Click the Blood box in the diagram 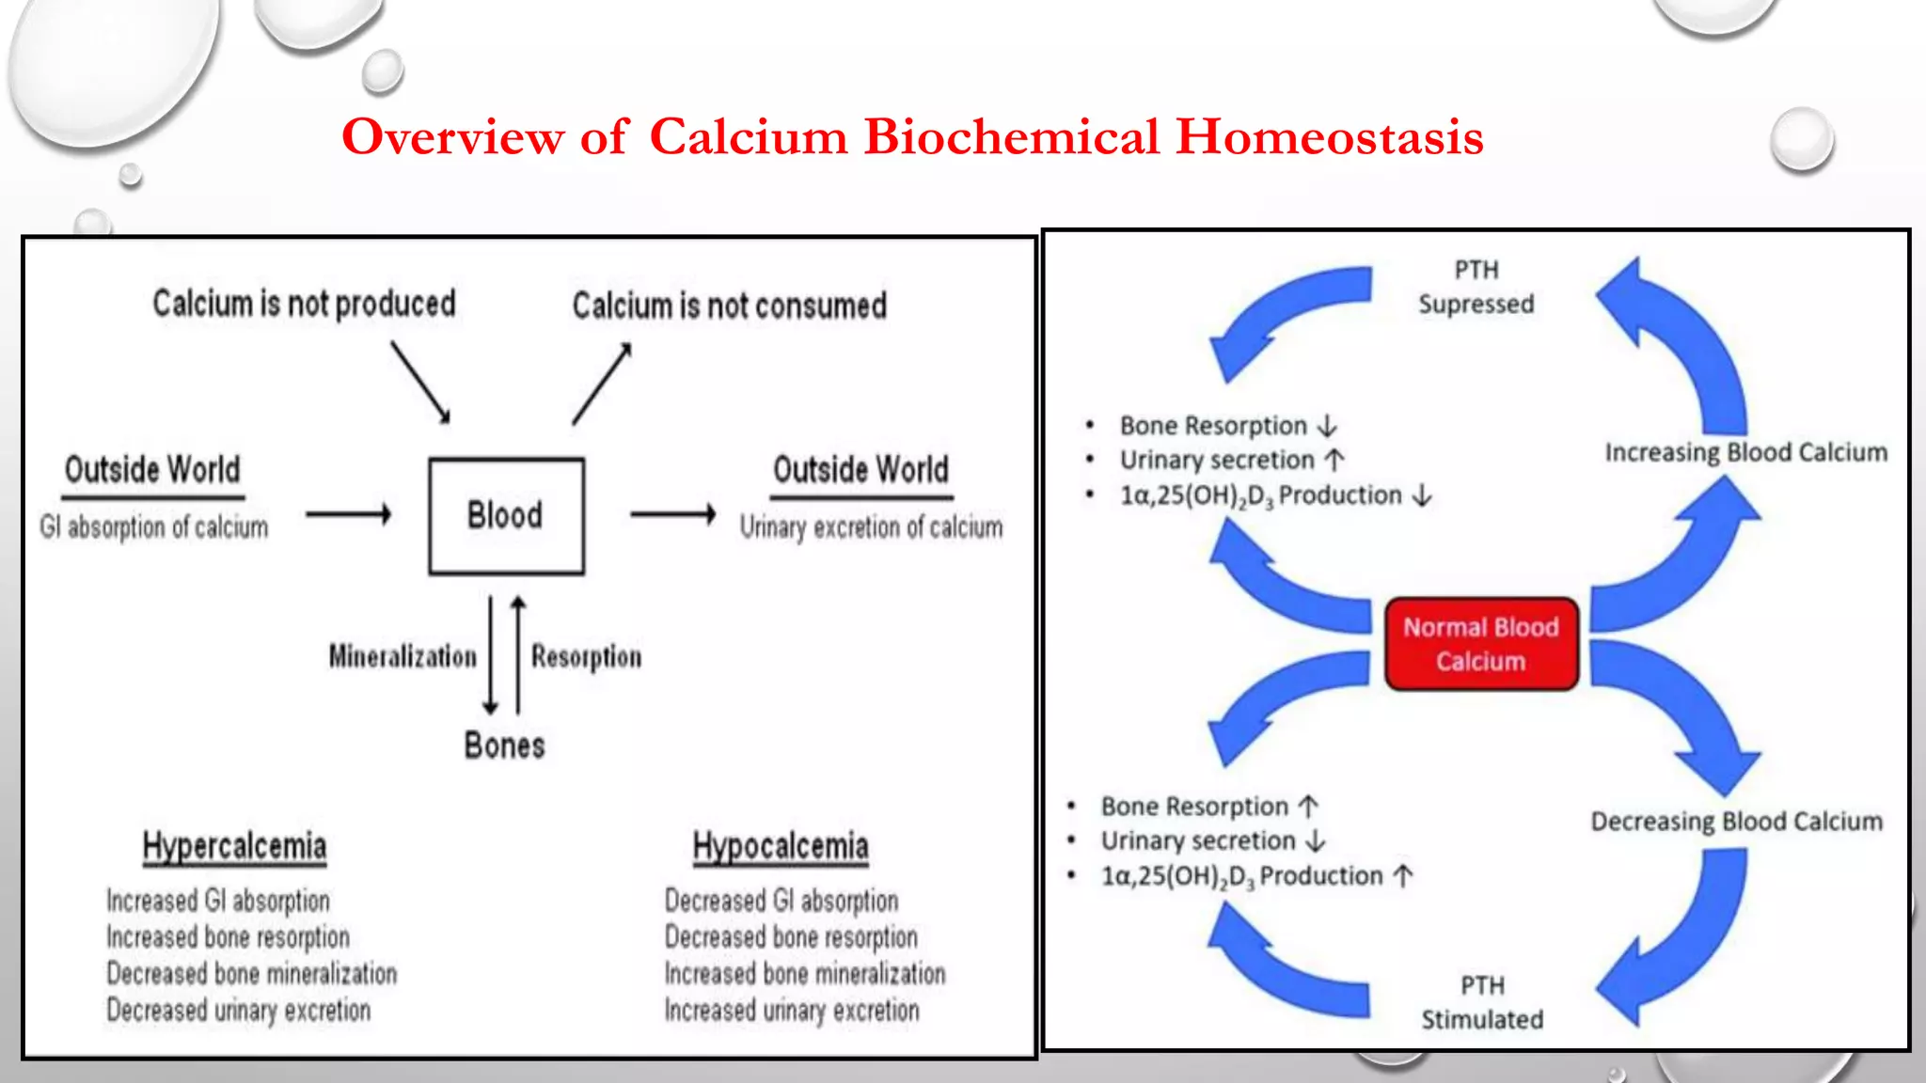506,516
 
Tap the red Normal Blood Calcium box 1481,644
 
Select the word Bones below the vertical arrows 504,746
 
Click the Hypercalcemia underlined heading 234,846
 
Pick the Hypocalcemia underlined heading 781,846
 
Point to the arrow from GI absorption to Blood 348,514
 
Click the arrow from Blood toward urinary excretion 672,514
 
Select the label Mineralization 403,656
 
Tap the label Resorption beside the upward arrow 586,656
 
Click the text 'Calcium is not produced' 304,304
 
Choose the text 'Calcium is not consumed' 729,306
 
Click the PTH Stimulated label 1482,1002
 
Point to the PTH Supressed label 1476,287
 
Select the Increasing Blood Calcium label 1745,452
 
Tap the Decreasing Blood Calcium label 1736,821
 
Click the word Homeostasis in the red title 1330,136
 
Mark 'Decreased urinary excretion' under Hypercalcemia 238,1010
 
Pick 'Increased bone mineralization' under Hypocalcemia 804,973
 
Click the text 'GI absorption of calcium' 153,526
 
